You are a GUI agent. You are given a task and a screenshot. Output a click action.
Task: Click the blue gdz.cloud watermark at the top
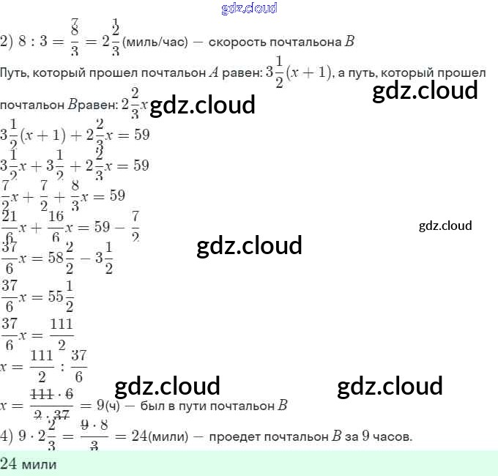point(248,9)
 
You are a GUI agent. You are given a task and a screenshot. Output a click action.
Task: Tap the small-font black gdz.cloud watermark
point(445,226)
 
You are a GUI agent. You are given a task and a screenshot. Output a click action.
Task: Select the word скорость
point(239,42)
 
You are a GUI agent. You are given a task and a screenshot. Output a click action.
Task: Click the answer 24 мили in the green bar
point(29,463)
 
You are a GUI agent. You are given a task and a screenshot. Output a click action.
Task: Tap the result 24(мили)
point(155,437)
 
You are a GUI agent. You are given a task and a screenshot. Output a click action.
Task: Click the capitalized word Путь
point(14,73)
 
